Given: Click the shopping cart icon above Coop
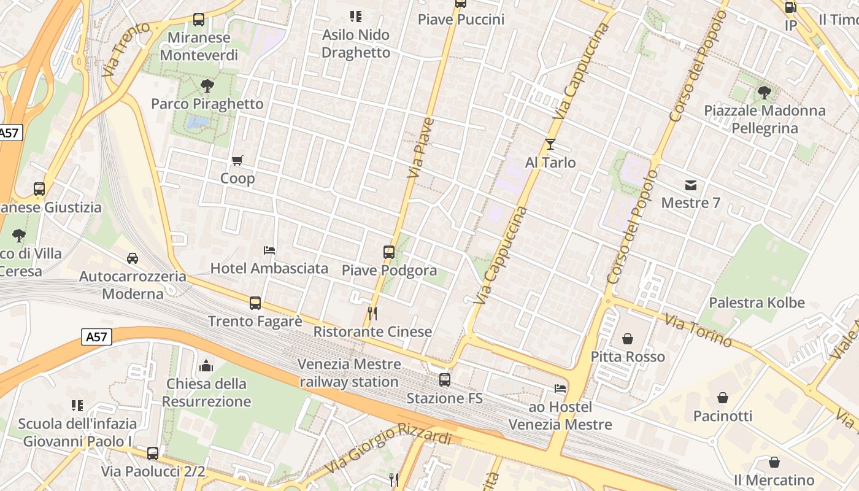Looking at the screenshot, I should click(x=237, y=161).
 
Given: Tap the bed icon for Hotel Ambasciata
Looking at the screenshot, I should click(x=269, y=250).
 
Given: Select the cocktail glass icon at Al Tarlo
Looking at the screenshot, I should click(x=550, y=144).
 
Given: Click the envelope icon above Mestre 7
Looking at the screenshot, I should click(x=691, y=185).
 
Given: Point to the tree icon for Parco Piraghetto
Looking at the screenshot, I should click(x=207, y=86).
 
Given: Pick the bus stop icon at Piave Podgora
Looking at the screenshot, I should click(x=389, y=252).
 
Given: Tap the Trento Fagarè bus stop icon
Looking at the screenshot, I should click(x=255, y=303).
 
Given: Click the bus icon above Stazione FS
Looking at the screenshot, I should click(x=445, y=380).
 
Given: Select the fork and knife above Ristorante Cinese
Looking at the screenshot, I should click(x=372, y=314).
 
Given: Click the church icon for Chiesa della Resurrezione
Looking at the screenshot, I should click(x=207, y=366).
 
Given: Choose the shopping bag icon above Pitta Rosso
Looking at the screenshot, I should click(x=628, y=339).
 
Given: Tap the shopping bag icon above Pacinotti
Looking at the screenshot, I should click(x=723, y=398).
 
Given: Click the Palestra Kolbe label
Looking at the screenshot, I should click(x=757, y=303).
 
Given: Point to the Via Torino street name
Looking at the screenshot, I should click(x=699, y=330).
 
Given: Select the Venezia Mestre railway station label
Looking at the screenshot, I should click(x=349, y=373).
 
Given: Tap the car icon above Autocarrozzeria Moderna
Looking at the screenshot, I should click(x=133, y=258).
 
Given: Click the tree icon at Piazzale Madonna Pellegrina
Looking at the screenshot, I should click(x=765, y=93).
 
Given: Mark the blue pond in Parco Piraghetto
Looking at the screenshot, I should click(x=197, y=122).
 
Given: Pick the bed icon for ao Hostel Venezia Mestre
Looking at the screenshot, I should click(x=560, y=389).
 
